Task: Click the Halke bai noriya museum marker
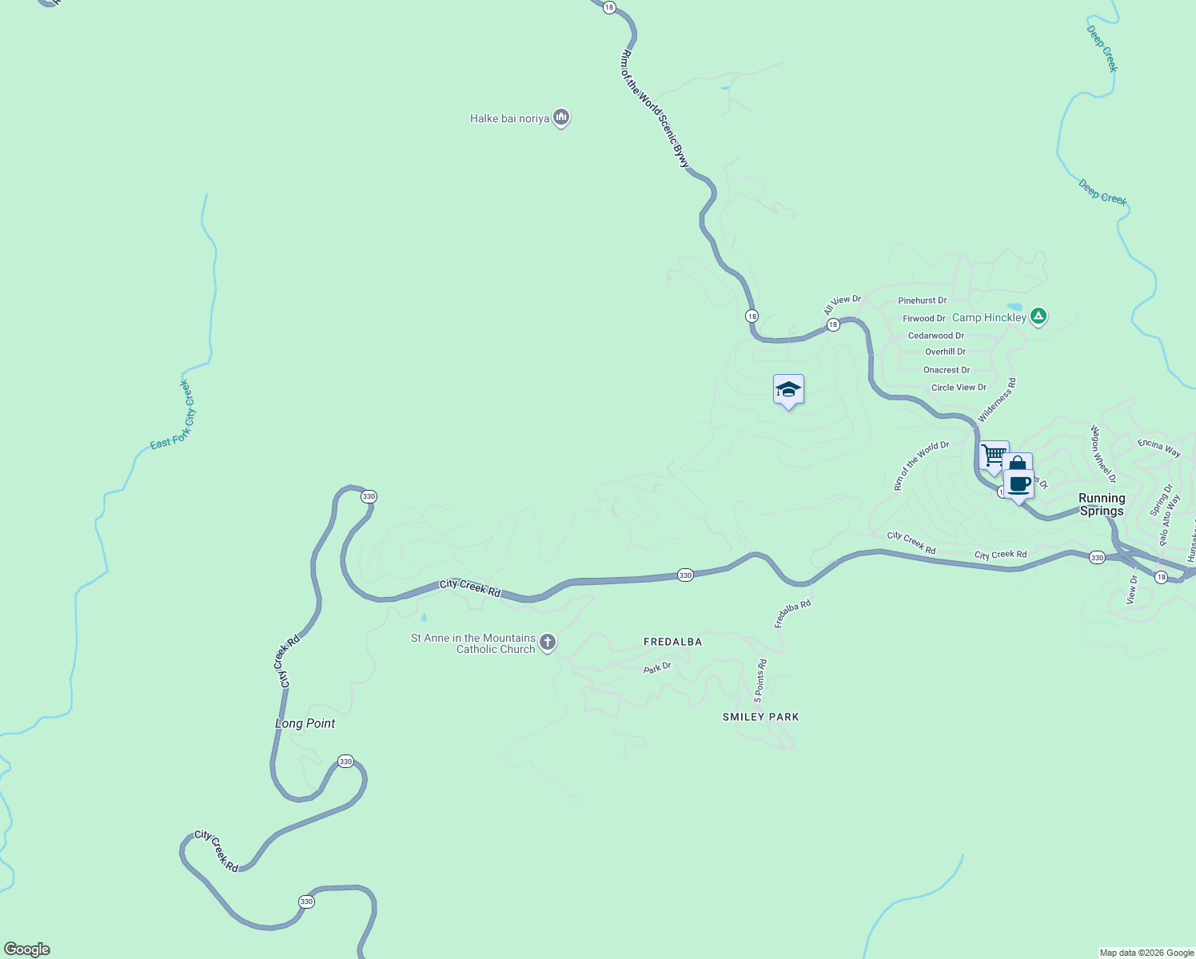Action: (x=561, y=118)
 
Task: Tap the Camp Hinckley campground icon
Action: (x=1038, y=316)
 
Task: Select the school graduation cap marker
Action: (x=788, y=390)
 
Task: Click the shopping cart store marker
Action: (x=993, y=456)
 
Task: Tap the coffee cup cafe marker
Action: (x=1019, y=483)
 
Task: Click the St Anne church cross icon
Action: (x=548, y=642)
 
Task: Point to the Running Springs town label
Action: (x=1102, y=504)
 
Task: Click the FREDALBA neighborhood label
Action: (x=672, y=642)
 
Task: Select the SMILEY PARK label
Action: (x=760, y=717)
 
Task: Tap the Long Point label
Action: (x=305, y=723)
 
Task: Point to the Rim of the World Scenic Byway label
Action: (x=654, y=109)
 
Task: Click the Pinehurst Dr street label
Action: (x=922, y=300)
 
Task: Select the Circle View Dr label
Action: (x=959, y=388)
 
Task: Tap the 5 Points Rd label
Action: (x=760, y=681)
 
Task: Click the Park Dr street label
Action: (x=657, y=667)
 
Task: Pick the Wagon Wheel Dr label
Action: (x=1103, y=454)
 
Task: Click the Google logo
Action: (x=27, y=949)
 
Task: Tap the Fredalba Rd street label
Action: (x=793, y=614)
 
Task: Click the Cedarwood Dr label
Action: (x=935, y=336)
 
